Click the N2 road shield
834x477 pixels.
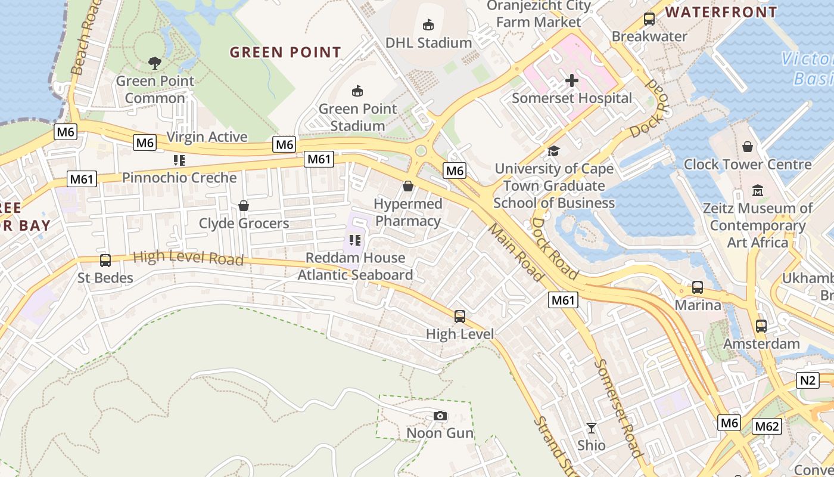pos(807,380)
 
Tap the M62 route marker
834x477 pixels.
pos(767,426)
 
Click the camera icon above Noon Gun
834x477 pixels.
pos(440,416)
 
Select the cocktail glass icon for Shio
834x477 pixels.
pos(591,428)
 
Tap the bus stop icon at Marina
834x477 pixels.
pos(697,287)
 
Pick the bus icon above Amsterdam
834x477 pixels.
pos(761,326)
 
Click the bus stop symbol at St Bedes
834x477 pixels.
pos(105,260)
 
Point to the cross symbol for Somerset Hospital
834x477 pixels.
pos(571,80)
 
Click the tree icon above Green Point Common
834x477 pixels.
pos(155,63)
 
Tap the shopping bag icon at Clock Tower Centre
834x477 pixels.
pos(747,146)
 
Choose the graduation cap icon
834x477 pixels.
pos(553,151)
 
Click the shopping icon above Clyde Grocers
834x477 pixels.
pos(243,206)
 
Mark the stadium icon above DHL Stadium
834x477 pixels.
pos(428,24)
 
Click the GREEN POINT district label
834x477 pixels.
pos(285,52)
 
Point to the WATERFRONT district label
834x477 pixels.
pos(721,12)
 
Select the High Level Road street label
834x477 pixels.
pos(188,258)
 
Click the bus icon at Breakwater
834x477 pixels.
pos(649,19)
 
